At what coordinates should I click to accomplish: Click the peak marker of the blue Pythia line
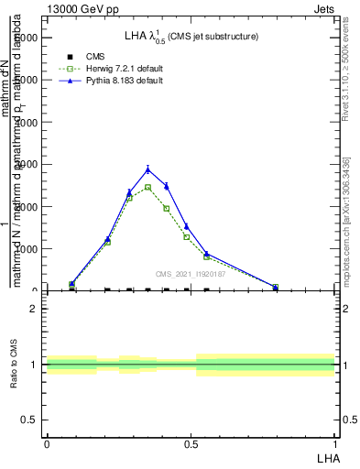(147, 169)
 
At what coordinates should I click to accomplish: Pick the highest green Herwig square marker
(147, 187)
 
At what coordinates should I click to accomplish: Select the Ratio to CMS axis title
(15, 365)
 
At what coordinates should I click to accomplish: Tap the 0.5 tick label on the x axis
(191, 443)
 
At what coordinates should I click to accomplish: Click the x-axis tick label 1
(335, 443)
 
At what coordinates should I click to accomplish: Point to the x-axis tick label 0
(47, 443)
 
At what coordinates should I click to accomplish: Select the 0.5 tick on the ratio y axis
(29, 420)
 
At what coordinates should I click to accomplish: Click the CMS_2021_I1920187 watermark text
(190, 273)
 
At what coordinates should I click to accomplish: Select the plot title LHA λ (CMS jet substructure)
(191, 37)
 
